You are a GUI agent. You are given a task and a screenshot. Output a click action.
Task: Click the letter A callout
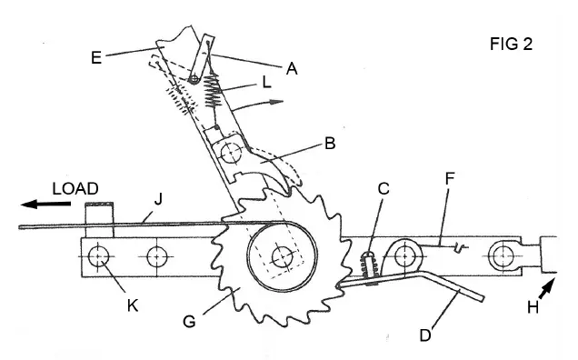tap(292, 66)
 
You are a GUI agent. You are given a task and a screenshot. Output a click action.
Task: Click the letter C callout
tap(384, 189)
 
